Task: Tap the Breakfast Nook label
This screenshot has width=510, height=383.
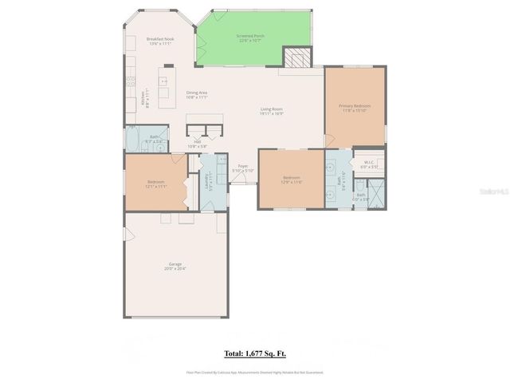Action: tap(159, 39)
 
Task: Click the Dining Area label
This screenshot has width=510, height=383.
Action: tap(197, 93)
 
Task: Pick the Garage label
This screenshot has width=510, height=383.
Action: tap(175, 264)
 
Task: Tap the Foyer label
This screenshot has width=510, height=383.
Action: tap(242, 166)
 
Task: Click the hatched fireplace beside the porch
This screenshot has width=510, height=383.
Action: tap(297, 58)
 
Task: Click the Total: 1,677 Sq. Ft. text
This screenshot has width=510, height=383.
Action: tap(255, 352)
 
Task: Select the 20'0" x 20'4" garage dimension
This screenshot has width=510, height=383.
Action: tap(175, 269)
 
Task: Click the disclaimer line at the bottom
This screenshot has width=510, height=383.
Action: tap(255, 372)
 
